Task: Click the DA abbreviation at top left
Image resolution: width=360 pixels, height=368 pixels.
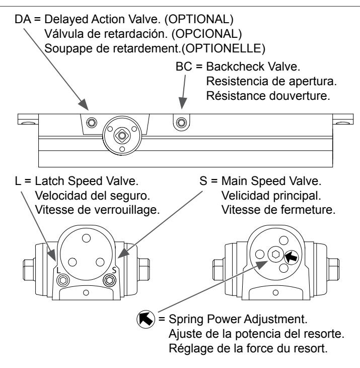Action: point(23,19)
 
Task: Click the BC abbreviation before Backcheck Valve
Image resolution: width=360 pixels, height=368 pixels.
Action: point(184,67)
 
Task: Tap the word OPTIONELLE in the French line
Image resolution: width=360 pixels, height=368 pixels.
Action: point(224,48)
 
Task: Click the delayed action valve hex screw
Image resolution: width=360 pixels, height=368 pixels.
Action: point(92,122)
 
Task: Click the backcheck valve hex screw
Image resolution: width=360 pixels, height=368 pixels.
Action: point(181,122)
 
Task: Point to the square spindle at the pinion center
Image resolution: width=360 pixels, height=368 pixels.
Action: point(122,136)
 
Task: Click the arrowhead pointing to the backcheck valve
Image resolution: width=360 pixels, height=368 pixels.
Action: point(182,103)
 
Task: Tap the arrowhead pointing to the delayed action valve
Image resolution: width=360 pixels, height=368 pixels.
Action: point(84,104)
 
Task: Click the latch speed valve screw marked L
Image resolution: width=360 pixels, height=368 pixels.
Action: point(63,280)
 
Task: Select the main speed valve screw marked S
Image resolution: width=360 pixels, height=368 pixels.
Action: point(109,280)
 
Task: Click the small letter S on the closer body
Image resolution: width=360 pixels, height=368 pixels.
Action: point(114,270)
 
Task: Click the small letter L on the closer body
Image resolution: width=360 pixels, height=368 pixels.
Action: point(58,270)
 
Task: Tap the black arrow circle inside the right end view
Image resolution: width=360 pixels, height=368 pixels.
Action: point(292,257)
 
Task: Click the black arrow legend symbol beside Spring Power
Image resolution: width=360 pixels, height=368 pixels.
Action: point(146,319)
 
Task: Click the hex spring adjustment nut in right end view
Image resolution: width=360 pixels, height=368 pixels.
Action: point(276,254)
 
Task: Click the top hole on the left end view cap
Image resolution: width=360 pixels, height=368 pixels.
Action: point(86,238)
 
